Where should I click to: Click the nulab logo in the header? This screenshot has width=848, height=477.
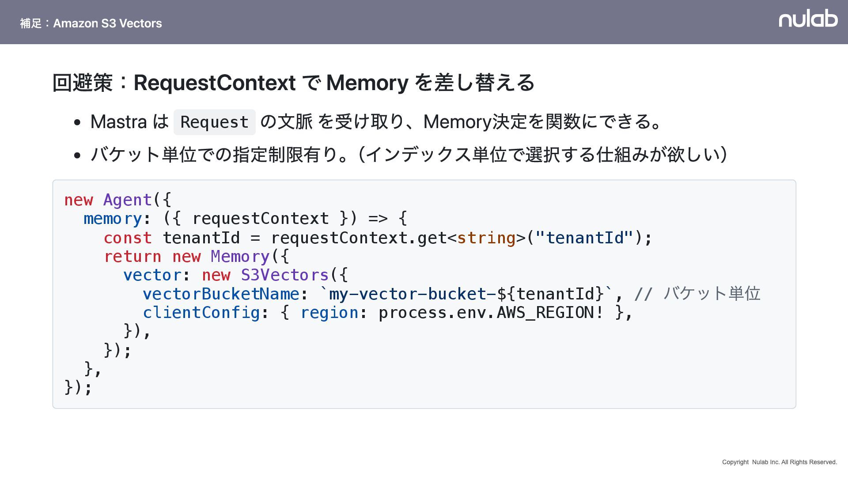[808, 19]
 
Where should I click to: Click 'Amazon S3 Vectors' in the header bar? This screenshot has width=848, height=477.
[107, 23]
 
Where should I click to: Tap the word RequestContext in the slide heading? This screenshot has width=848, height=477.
[214, 83]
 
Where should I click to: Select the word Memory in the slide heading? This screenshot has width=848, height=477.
[367, 83]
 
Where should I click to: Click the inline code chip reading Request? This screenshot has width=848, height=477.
[215, 122]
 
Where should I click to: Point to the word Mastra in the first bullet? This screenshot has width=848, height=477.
[118, 122]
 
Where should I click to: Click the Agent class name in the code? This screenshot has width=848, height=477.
[128, 200]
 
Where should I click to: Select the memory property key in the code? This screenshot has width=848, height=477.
[113, 219]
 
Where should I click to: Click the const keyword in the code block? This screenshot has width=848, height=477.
[128, 238]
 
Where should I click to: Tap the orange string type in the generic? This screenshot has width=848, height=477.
[486, 238]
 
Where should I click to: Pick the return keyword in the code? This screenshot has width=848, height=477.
[132, 257]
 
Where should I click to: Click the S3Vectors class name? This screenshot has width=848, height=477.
[284, 275]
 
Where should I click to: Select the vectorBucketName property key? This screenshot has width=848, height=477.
[221, 294]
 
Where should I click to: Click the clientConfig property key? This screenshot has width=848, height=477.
[201, 313]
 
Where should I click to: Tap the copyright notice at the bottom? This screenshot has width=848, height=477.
[779, 462]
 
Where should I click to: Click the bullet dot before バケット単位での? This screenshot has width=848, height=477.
[78, 155]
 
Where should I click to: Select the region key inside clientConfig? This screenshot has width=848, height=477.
[329, 313]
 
